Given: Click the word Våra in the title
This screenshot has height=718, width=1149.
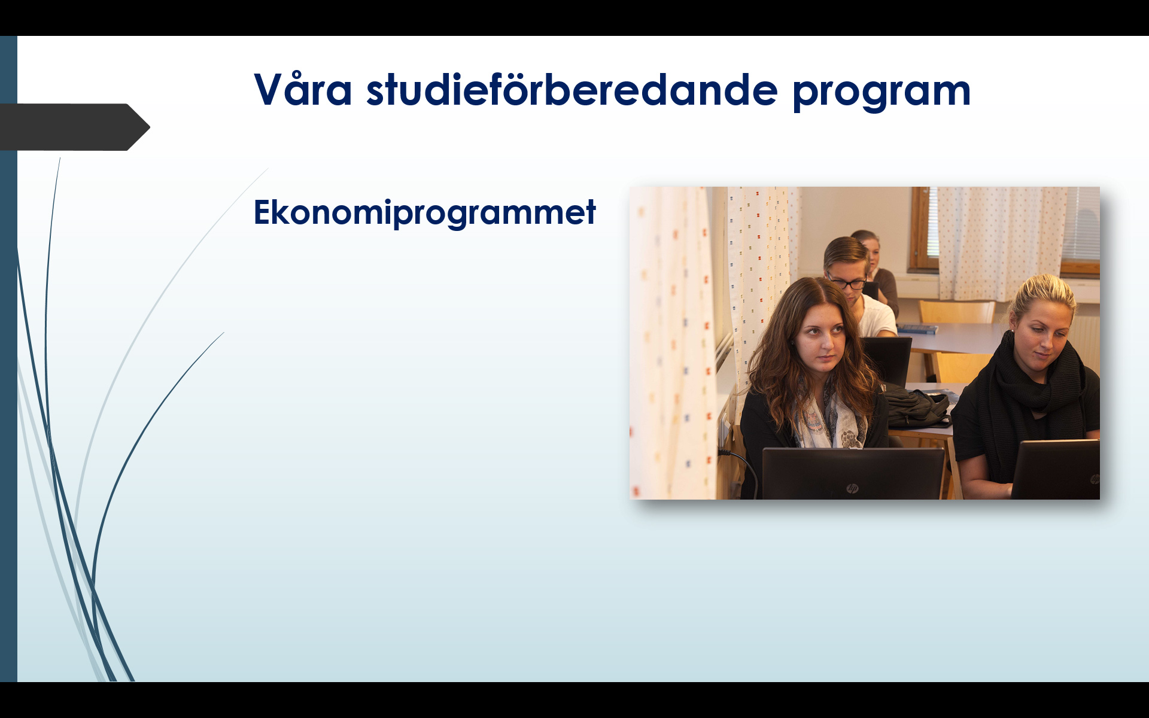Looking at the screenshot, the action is pyautogui.click(x=303, y=90).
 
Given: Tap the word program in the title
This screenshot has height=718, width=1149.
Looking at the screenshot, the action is pyautogui.click(x=881, y=93).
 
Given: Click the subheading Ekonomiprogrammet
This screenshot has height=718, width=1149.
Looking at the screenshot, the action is pyautogui.click(x=425, y=212).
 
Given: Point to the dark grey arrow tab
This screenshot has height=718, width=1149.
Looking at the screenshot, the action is pyautogui.click(x=75, y=127).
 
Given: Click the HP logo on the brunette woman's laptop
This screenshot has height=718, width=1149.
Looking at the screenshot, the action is pyautogui.click(x=852, y=489).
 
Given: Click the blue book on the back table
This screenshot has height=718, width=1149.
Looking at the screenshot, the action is pyautogui.click(x=917, y=328).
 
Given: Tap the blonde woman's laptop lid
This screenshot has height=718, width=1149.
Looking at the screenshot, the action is pyautogui.click(x=1056, y=470).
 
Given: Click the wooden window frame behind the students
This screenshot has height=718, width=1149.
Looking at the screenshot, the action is pyautogui.click(x=922, y=230).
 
